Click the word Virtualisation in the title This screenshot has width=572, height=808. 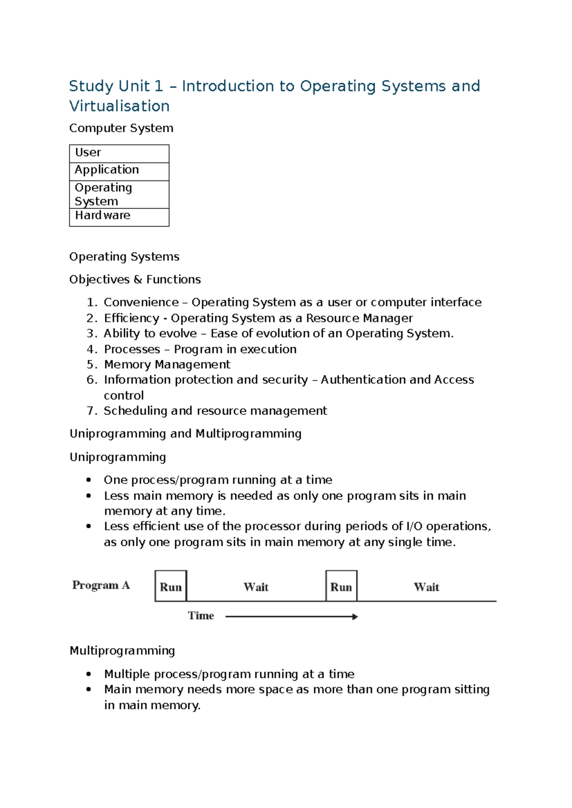coord(119,106)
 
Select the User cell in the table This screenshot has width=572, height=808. coord(119,153)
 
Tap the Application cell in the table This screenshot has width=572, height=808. coord(119,171)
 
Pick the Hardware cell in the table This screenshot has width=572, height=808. coord(119,216)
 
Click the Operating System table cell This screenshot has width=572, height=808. coord(119,194)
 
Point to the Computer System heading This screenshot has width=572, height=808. coord(121,128)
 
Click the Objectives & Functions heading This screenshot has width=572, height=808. coord(135,279)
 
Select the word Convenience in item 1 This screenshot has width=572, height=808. coord(141,302)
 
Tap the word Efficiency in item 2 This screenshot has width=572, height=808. coord(132,318)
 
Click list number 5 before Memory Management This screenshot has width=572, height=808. coord(92,364)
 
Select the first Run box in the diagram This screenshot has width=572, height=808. coord(171,586)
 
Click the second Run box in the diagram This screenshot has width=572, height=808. coord(341,586)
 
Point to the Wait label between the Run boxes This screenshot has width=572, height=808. coord(256,587)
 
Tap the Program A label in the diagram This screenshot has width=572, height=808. coord(101,585)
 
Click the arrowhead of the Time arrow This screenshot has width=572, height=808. coord(355,616)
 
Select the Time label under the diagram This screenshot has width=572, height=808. coord(201,616)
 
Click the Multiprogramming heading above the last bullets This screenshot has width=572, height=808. coord(122,651)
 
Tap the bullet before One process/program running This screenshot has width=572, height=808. coord(89,480)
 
